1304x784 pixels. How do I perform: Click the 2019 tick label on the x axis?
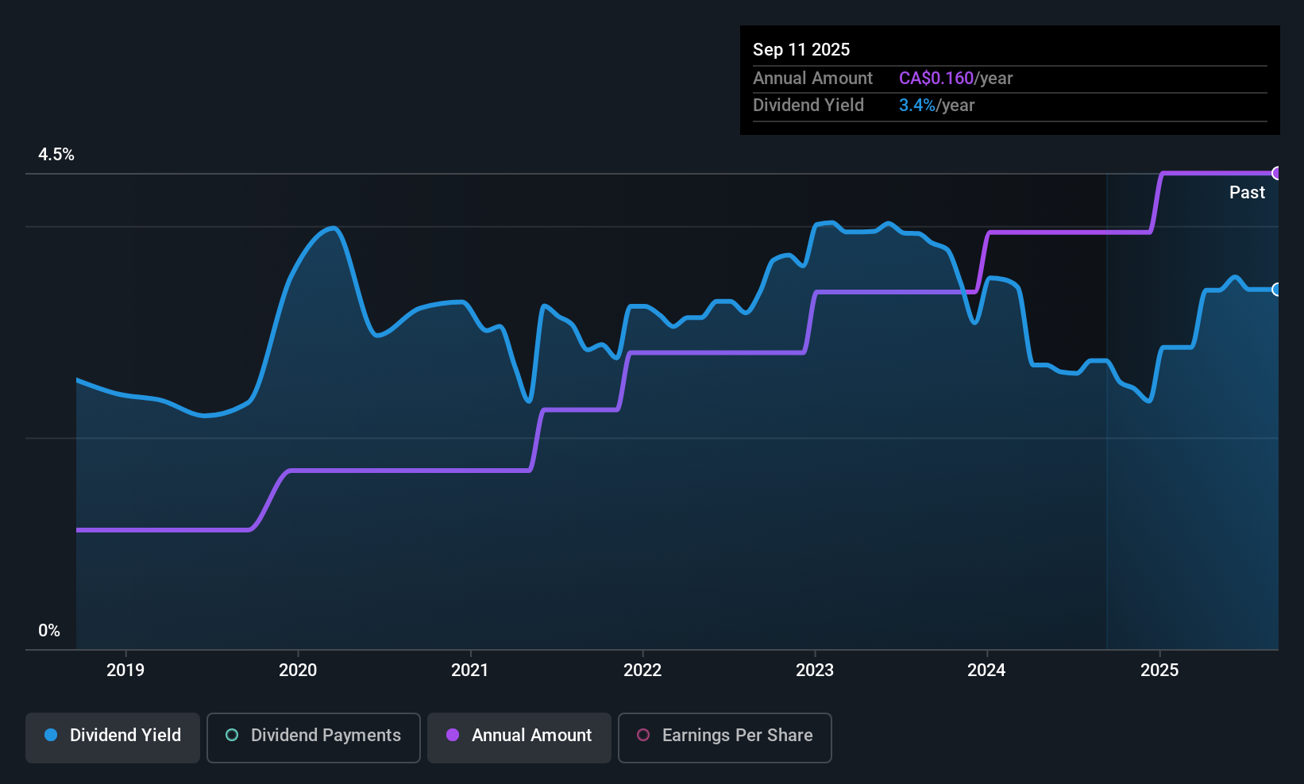tap(125, 670)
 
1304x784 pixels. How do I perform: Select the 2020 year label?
tap(298, 670)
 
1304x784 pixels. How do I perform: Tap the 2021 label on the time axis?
tap(470, 670)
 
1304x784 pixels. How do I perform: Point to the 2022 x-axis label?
tap(642, 670)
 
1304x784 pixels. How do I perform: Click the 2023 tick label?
tap(815, 670)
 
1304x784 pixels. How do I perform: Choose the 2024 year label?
tap(986, 670)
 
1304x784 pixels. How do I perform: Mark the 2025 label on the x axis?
tap(1159, 670)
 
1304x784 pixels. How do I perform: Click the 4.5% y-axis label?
tap(56, 155)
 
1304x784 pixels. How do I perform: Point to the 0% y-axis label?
tap(49, 631)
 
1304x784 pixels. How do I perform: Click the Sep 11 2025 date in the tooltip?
tap(801, 49)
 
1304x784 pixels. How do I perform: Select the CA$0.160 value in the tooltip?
tap(936, 79)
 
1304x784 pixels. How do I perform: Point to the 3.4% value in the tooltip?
tap(916, 106)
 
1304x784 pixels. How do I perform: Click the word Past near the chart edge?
tap(1247, 192)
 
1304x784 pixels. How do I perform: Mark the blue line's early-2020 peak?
tap(334, 229)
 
